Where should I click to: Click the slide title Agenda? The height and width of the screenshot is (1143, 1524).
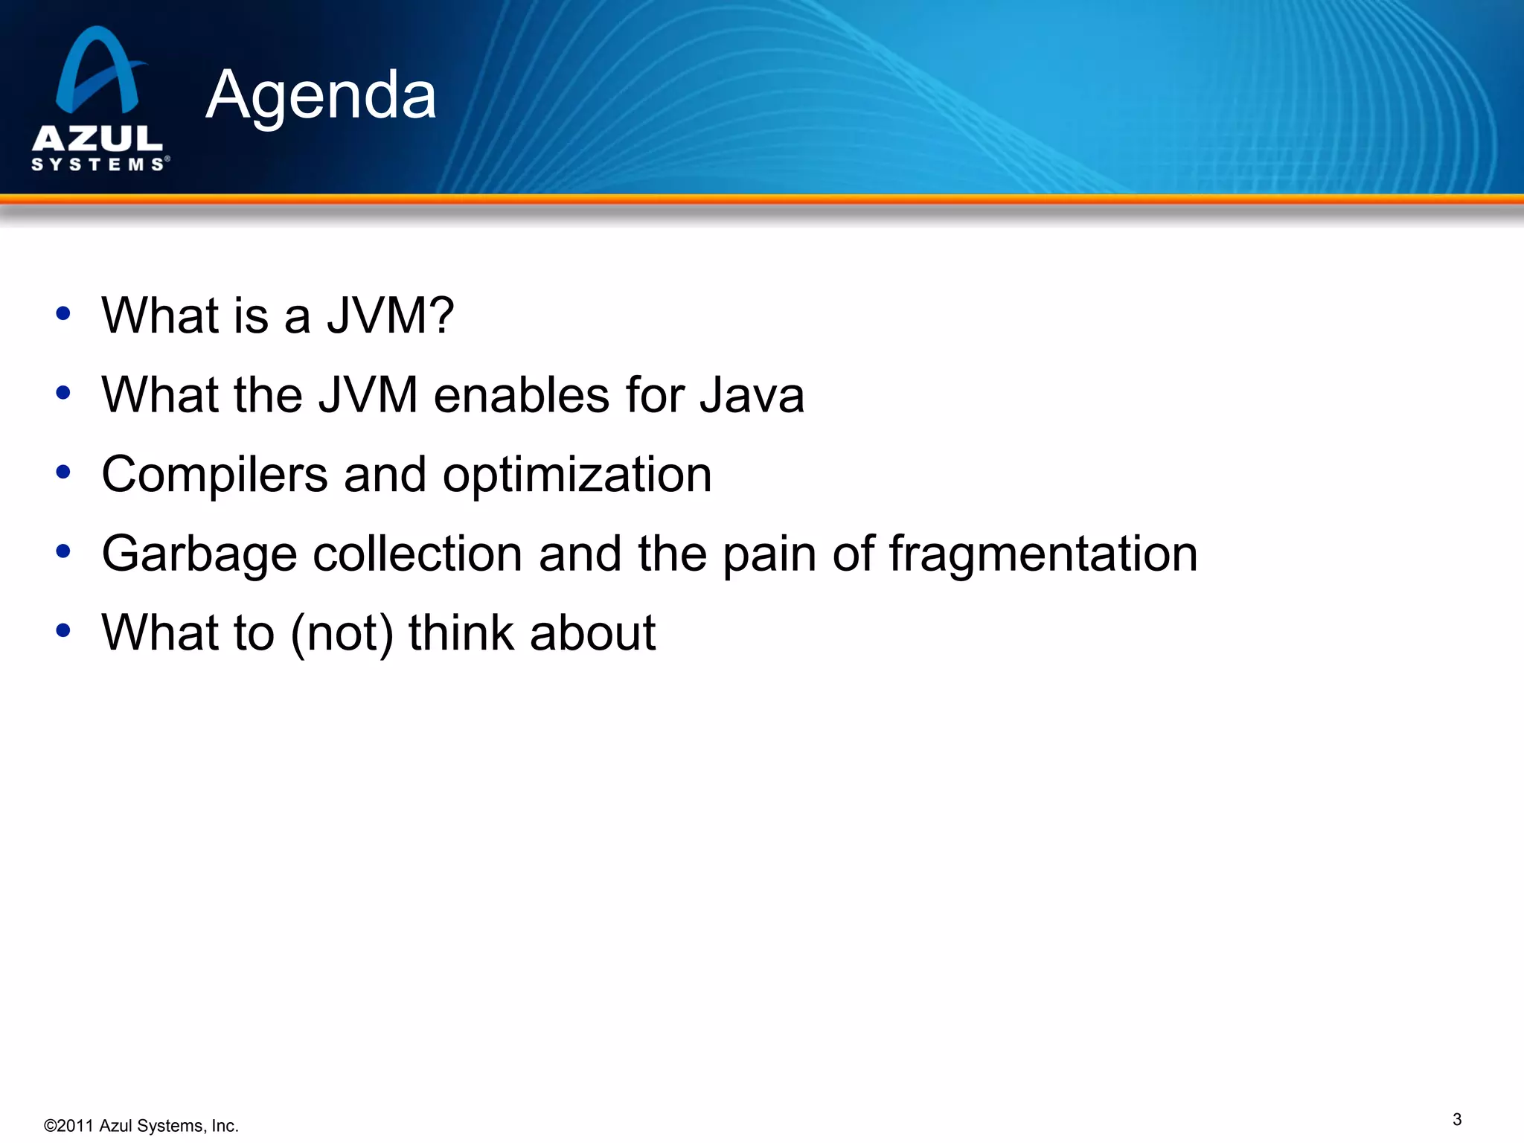click(321, 95)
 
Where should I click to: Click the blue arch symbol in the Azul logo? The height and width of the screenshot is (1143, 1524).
click(97, 71)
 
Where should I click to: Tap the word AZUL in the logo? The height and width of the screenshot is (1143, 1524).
click(97, 138)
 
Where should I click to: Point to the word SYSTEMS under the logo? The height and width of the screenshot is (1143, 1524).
click(97, 164)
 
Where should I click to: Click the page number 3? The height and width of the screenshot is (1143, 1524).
click(1456, 1119)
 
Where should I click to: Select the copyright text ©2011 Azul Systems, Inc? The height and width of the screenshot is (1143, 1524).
click(141, 1126)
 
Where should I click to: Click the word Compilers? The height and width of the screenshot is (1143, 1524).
click(214, 474)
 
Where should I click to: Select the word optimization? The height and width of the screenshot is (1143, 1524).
click(577, 476)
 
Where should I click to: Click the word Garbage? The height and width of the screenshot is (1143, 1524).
click(199, 554)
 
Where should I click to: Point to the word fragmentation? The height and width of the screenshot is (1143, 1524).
click(1043, 554)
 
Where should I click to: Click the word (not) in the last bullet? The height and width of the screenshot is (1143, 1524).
click(342, 633)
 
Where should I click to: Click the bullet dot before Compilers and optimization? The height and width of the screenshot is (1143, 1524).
click(63, 472)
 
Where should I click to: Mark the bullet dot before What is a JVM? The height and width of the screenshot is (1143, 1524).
click(63, 313)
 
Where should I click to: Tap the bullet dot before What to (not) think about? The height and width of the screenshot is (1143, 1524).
click(63, 630)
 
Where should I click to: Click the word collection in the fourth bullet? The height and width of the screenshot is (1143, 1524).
click(417, 554)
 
